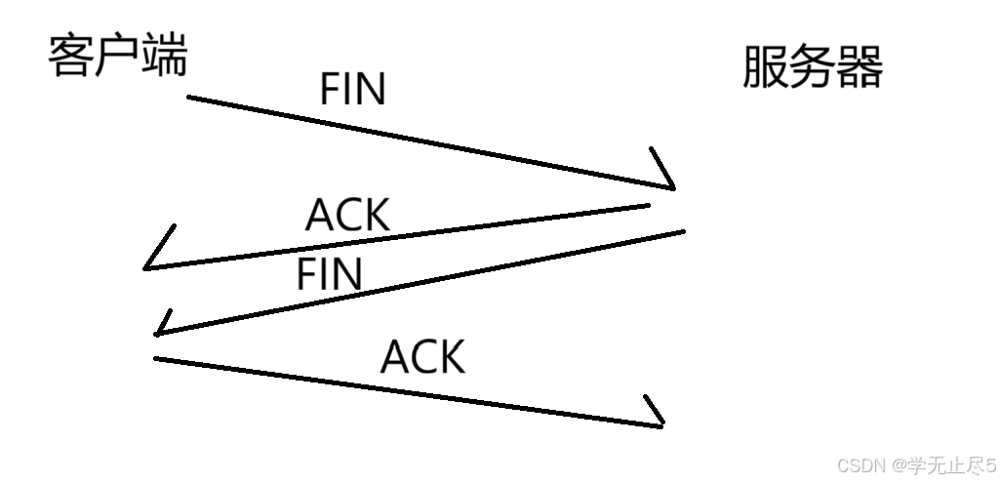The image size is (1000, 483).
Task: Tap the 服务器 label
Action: tap(813, 68)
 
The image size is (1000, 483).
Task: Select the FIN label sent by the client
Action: tap(353, 90)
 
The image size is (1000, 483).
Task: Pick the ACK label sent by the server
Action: tap(347, 215)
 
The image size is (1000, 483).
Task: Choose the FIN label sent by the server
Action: tap(330, 275)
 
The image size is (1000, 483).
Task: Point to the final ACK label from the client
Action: tap(422, 357)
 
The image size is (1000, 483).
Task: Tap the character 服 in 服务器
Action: tap(765, 68)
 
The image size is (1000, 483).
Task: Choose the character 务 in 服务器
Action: tap(813, 68)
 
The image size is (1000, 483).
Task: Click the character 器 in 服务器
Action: tap(860, 68)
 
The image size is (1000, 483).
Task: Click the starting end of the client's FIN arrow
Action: tap(189, 98)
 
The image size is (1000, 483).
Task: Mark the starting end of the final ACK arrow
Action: tap(156, 359)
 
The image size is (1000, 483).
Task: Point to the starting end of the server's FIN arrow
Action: tap(683, 231)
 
